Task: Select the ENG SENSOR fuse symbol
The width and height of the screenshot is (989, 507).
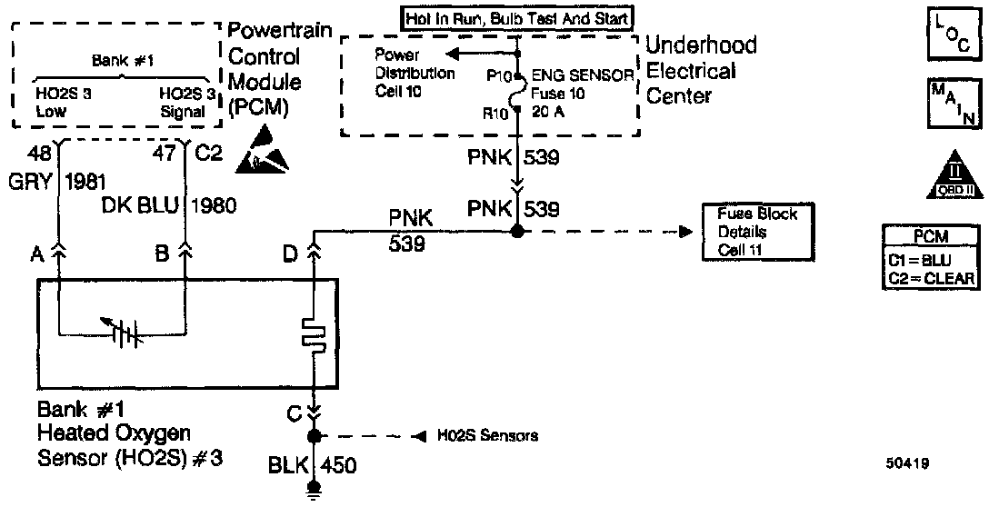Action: (x=515, y=94)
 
